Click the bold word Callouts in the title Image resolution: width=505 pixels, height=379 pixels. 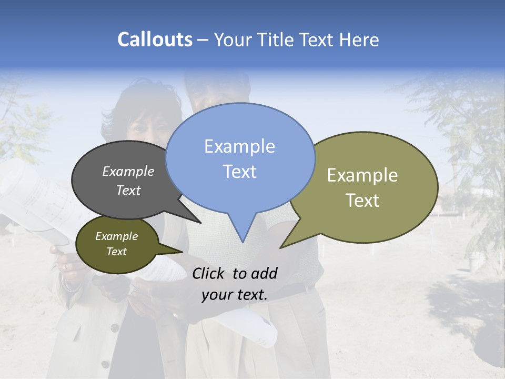coord(155,39)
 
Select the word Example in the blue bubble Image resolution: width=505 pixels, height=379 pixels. coord(239,146)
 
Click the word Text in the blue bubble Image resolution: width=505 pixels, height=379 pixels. coord(239,172)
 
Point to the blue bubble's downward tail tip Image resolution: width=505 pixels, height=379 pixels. coord(243,242)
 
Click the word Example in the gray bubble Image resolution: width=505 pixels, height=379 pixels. coord(128,171)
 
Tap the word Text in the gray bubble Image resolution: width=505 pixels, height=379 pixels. coord(128,190)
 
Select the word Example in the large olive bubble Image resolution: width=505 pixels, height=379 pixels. coord(362,175)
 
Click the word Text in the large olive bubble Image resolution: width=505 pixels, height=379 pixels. coord(362,201)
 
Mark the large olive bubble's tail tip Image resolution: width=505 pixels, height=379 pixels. coord(281,247)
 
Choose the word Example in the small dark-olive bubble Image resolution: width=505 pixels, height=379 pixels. coord(116,236)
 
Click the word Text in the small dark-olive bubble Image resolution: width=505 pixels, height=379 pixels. coord(116,252)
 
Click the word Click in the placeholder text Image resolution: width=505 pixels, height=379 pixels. coord(209,273)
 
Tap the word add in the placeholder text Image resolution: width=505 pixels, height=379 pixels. coord(264,273)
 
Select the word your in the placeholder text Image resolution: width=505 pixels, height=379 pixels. coord(216,295)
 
